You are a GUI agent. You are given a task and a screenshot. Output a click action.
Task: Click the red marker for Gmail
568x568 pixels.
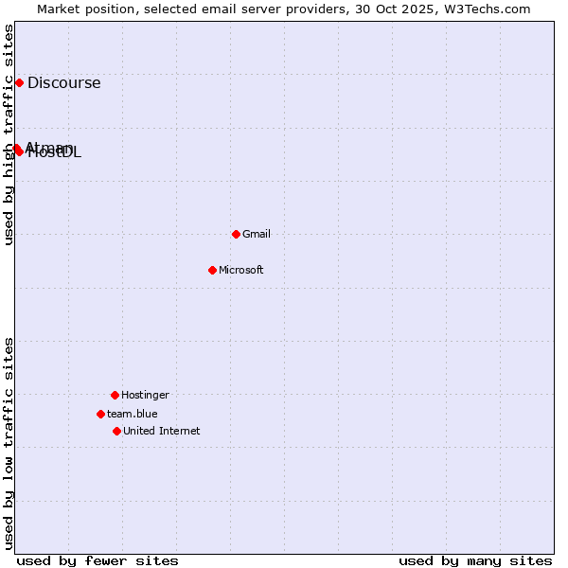point(236,234)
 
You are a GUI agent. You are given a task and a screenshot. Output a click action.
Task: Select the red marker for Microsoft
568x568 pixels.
point(212,270)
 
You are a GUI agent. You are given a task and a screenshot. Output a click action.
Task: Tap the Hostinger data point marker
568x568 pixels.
point(115,395)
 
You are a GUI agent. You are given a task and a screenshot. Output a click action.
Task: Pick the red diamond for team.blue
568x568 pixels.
point(100,414)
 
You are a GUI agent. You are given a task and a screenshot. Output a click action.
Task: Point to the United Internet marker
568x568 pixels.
point(116,431)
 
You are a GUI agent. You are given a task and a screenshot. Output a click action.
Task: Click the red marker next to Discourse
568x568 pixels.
point(19,82)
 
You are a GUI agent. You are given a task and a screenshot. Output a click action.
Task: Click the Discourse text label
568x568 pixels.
point(63,82)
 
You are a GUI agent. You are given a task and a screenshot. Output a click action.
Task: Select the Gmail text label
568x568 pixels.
point(256,234)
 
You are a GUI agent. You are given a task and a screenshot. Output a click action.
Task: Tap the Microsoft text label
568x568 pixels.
point(240,270)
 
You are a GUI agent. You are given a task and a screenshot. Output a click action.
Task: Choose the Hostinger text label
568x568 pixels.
point(145,395)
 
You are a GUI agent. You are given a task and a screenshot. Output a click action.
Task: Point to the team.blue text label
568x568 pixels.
point(132,414)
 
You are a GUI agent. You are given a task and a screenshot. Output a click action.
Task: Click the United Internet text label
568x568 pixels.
point(161,431)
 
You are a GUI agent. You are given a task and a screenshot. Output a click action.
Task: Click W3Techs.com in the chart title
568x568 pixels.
point(484,9)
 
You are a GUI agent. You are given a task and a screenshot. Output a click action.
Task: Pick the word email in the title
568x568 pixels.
point(212,9)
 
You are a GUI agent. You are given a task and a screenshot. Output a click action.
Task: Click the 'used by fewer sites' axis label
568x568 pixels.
point(98,560)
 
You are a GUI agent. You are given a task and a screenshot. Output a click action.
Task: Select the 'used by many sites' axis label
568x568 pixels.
point(475,560)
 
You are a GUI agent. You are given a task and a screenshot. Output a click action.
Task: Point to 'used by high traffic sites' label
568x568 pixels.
point(9,134)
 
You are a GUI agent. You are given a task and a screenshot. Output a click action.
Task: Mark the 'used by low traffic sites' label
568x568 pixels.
point(9,443)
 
